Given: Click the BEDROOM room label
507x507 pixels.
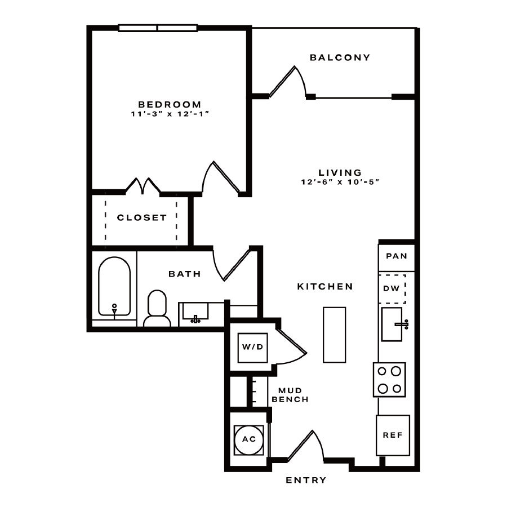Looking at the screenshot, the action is (170, 104).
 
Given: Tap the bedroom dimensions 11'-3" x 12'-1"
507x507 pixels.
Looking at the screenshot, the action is (170, 114).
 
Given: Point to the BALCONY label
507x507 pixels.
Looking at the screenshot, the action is (340, 57).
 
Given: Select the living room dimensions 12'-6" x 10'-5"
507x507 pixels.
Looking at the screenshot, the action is (340, 182).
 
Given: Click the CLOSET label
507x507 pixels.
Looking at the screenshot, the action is (142, 217).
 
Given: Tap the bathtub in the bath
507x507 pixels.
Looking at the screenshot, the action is (114, 286).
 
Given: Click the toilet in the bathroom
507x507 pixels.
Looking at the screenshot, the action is (157, 309).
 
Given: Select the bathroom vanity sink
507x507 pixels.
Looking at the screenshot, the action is (195, 312).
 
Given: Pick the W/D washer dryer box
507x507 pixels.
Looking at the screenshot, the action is (252, 347).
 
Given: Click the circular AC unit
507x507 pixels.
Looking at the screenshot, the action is (249, 439).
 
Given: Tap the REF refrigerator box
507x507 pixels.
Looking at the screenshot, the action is (393, 435).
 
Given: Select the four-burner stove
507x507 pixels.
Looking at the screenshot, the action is (389, 380).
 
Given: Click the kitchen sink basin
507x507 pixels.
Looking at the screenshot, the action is (392, 324).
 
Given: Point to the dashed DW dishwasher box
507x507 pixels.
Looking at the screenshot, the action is (392, 289).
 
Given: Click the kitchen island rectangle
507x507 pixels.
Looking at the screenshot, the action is (334, 335).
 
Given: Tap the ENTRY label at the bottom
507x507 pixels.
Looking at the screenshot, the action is (306, 480).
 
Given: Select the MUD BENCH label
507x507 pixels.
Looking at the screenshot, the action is (290, 395).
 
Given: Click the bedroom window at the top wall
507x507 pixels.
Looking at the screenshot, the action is (158, 28).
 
